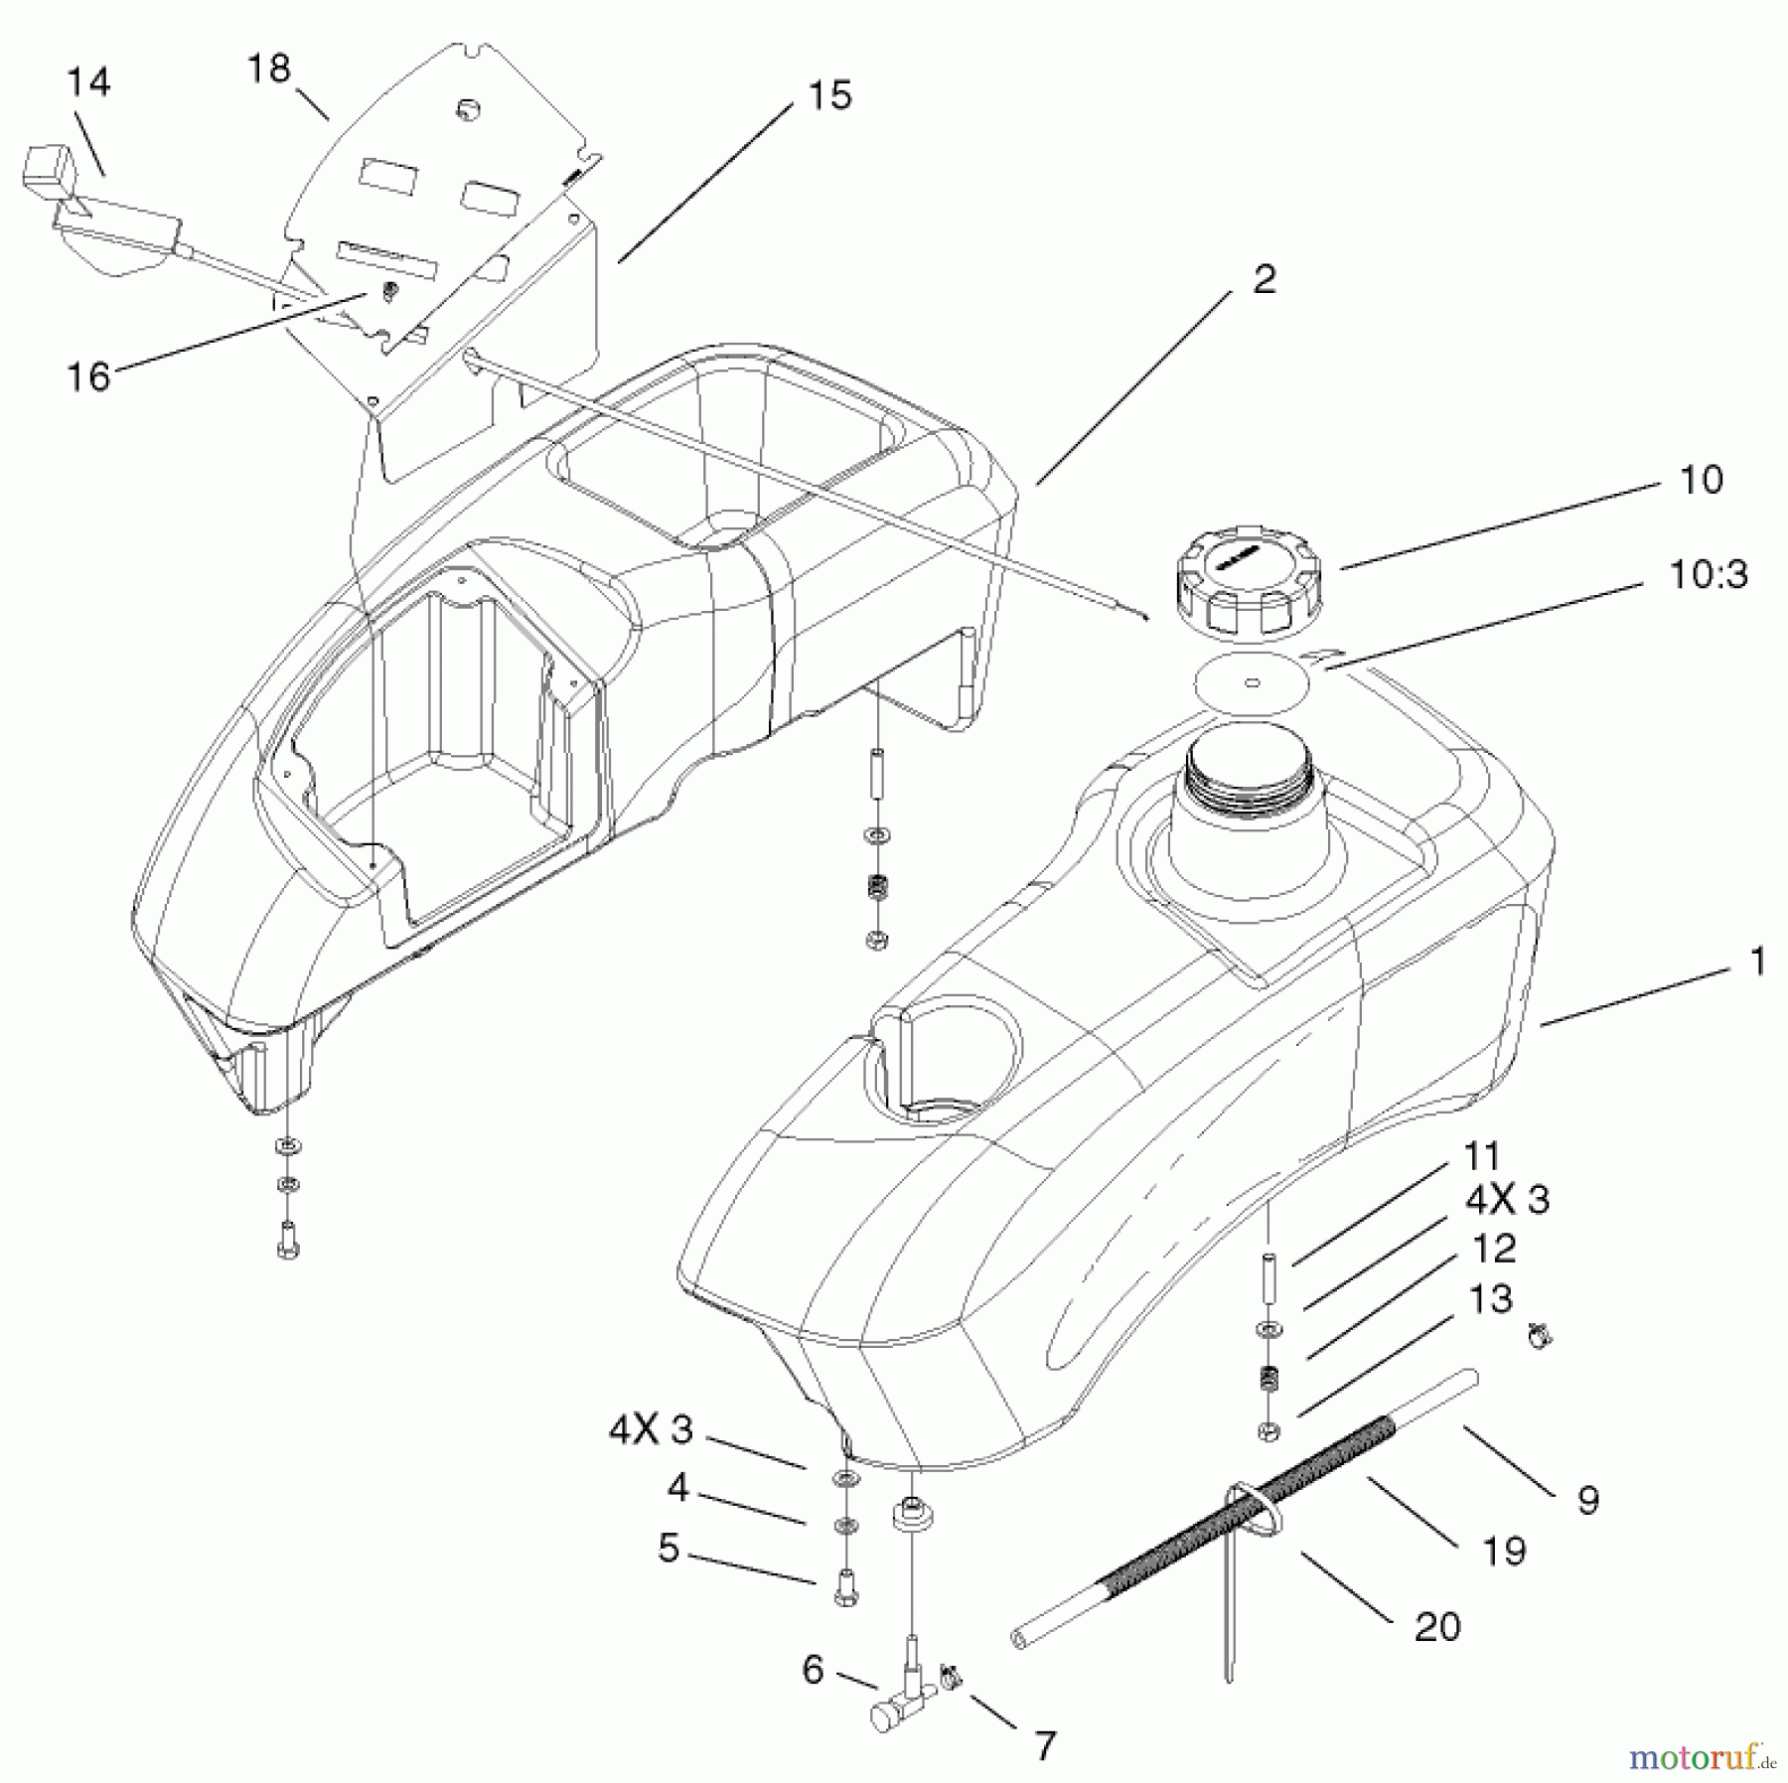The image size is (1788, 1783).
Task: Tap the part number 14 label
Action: [89, 82]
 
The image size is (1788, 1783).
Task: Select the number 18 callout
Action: [268, 69]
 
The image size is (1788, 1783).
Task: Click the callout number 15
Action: [829, 96]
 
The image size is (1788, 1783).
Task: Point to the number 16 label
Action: [87, 376]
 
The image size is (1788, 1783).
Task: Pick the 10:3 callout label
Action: [1708, 574]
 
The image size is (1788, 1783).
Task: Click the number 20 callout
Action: [1437, 1626]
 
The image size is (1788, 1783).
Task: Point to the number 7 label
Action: [1044, 1744]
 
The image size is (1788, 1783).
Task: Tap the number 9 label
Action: [1587, 1500]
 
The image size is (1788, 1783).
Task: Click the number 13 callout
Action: [1490, 1299]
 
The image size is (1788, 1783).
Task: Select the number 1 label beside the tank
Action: [1757, 962]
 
